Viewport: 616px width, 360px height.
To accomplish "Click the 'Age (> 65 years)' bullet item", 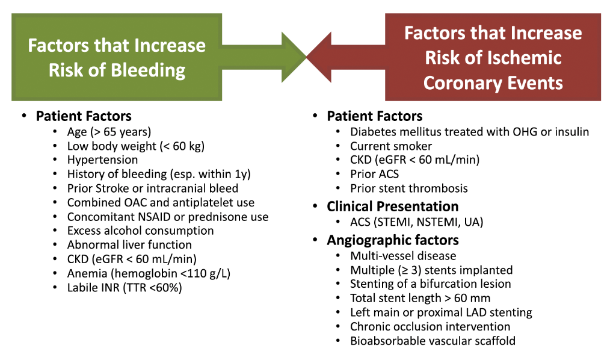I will pos(109,132).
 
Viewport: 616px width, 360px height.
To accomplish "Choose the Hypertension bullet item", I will pos(102,160).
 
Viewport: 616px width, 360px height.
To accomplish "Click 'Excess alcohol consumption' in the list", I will pos(140,231).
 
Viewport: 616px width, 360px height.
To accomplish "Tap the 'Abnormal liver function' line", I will pos(129,245).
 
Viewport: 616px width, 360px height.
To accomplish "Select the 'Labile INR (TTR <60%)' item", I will pos(125,288).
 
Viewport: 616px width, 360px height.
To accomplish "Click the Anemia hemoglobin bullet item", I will pos(149,273).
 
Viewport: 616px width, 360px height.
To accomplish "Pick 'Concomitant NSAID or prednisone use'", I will pos(168,217).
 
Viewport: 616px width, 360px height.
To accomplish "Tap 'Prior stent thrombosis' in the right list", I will pos(409,188).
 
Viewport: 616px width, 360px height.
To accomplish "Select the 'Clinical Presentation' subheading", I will pos(393,206).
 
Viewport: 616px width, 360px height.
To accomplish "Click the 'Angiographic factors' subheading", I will pos(393,240).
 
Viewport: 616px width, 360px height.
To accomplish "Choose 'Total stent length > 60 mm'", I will pos(420,298).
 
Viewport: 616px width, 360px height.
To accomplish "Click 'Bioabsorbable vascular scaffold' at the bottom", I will pos(433,341).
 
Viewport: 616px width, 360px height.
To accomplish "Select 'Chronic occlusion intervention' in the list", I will pos(430,327).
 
